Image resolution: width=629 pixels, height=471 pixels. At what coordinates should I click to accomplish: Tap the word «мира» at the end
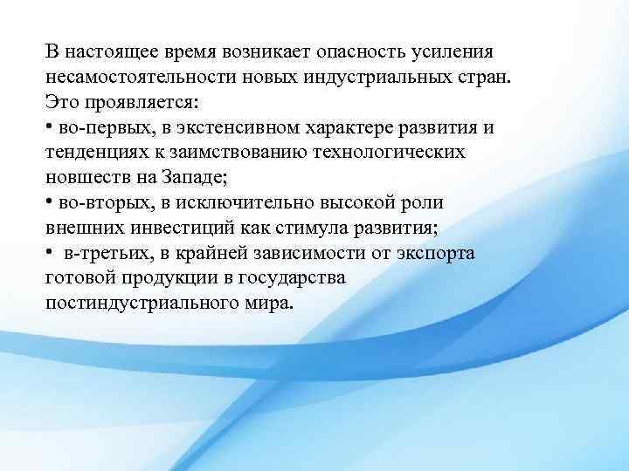coord(270,303)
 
